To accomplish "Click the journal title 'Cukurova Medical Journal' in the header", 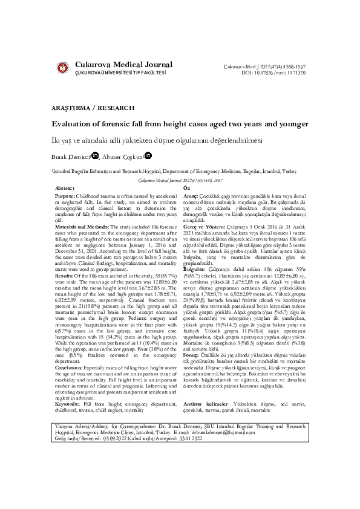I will [123, 65].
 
